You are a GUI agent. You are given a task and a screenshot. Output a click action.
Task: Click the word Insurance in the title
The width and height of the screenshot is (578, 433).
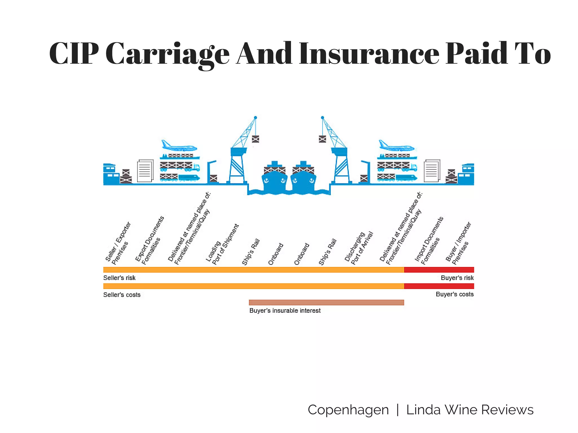369,54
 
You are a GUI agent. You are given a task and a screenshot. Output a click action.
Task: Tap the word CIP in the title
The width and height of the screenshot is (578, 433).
74,54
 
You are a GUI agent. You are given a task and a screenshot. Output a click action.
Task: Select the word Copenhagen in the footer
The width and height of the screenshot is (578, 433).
348,410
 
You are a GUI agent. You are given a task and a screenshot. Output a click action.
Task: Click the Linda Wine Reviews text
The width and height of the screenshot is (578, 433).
470,410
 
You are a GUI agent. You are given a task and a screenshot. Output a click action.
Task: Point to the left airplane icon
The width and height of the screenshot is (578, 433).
178,146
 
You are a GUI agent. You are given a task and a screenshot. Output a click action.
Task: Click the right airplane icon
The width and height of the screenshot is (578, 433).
396,146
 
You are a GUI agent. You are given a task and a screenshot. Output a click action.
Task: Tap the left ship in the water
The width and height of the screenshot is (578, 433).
274,178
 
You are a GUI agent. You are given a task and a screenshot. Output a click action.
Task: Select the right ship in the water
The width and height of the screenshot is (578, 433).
303,178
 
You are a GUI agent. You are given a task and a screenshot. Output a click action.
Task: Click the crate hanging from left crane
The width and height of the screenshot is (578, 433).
255,139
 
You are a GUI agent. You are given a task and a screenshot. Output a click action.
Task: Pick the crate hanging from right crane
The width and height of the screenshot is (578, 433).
322,139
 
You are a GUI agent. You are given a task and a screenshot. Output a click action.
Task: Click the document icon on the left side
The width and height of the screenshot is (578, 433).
145,171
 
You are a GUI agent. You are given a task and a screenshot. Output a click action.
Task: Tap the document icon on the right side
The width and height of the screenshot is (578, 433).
432,171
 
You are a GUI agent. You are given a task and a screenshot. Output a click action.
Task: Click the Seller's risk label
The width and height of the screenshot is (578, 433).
119,278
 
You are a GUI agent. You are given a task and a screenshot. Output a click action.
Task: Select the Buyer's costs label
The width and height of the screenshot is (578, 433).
454,294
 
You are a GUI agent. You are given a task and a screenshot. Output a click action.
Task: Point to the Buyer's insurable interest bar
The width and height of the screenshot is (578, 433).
326,302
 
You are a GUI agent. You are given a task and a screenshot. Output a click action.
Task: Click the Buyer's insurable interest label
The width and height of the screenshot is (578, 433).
285,310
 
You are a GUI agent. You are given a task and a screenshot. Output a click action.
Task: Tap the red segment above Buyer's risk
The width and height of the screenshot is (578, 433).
439,270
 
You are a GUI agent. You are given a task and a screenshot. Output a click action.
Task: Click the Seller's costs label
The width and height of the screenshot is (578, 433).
122,295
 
